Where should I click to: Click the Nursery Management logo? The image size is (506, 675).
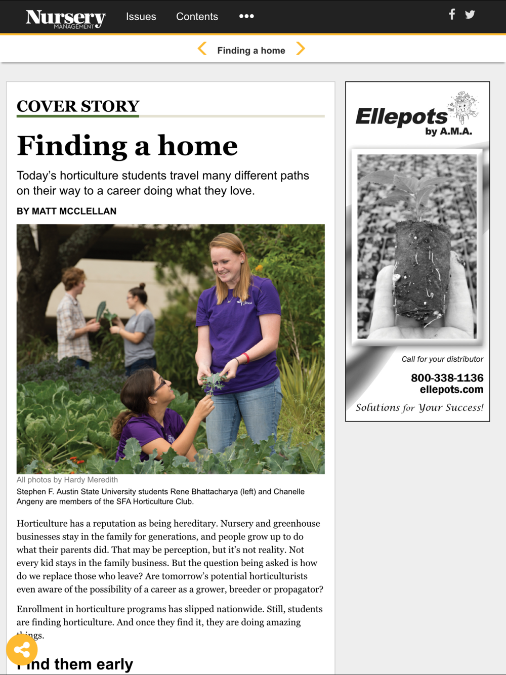tap(65, 18)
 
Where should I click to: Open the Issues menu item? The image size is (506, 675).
tap(141, 17)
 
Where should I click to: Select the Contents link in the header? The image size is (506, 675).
tap(197, 17)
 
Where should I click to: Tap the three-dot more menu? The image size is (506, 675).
tap(246, 16)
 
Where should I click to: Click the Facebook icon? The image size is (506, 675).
tap(452, 14)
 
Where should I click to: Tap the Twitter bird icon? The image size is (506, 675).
tap(470, 14)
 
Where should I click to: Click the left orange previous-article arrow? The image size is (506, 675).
tap(202, 49)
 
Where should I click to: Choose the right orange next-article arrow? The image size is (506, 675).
tap(301, 49)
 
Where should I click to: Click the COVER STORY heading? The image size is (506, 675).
tap(78, 106)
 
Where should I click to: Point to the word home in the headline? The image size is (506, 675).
tap(198, 146)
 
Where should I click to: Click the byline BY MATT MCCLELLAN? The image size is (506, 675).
tap(67, 212)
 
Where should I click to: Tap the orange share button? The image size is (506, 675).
tap(22, 650)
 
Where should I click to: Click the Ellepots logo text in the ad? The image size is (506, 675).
tap(401, 117)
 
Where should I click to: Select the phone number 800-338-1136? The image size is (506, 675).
tap(447, 378)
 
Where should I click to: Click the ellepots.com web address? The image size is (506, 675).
tap(451, 390)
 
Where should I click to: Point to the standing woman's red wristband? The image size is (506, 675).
tap(246, 358)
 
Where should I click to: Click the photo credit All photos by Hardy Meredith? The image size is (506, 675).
tap(67, 480)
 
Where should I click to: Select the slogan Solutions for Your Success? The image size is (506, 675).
tap(419, 408)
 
